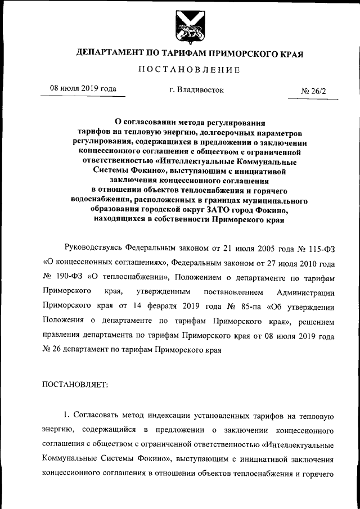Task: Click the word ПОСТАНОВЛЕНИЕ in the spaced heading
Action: pyautogui.click(x=190, y=70)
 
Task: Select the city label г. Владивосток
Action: pyautogui.click(x=196, y=89)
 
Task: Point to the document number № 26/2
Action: pyautogui.click(x=317, y=90)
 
